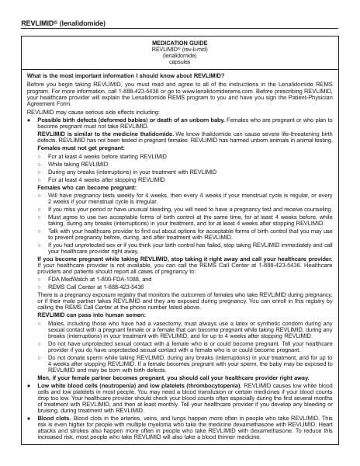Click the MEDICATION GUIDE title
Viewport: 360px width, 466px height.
179,42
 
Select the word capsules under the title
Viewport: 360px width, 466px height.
179,62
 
